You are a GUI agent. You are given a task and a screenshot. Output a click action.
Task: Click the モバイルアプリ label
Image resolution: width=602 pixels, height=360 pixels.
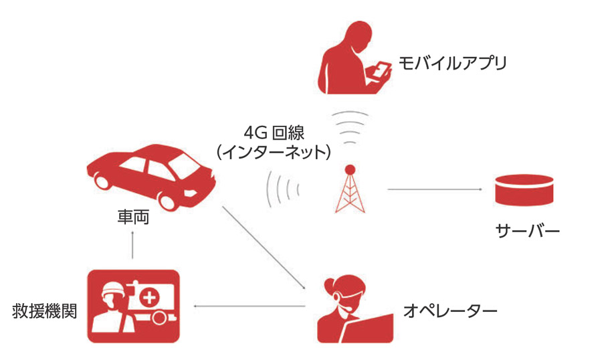coord(453,64)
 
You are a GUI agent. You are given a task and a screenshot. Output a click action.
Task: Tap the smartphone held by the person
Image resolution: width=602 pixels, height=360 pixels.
coord(381,71)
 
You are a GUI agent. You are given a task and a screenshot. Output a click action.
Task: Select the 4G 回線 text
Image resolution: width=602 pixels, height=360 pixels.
coord(274,133)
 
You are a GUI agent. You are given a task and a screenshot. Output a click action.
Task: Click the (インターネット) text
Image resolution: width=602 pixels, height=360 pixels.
coord(274,152)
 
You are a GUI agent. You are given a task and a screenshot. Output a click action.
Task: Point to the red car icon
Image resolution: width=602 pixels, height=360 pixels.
coord(151,177)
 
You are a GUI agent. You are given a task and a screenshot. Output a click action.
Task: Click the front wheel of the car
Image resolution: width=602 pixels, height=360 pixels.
coord(168,201)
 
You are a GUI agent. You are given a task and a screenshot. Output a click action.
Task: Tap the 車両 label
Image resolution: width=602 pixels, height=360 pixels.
coord(133,217)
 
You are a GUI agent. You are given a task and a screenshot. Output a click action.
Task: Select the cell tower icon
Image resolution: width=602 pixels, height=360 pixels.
coord(350,189)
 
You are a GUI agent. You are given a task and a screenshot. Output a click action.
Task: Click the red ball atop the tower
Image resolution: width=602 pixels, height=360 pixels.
coord(350,169)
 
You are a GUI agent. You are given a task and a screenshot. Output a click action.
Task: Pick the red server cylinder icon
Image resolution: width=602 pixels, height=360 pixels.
coord(524,190)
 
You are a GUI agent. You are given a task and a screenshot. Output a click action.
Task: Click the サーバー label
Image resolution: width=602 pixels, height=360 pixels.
coord(528,232)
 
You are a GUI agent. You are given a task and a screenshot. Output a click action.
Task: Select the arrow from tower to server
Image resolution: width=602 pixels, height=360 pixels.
coord(435,189)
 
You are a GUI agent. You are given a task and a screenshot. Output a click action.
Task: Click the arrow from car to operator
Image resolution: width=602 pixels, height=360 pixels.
coord(264,248)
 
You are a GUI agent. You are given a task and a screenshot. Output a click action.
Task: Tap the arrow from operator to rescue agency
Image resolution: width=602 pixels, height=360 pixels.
coord(249,306)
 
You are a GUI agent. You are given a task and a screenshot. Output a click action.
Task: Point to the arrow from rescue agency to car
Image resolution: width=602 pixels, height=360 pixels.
coord(132,245)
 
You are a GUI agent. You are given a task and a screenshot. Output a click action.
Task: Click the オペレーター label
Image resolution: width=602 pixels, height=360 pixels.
coord(450,310)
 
